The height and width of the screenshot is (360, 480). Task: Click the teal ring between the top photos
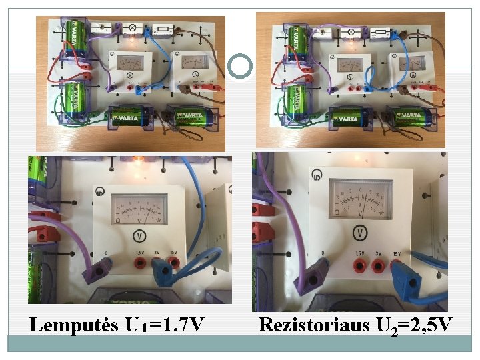pos(240,65)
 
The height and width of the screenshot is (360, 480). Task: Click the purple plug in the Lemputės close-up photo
pos(100,271)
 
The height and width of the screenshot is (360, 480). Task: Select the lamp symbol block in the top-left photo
pos(131,28)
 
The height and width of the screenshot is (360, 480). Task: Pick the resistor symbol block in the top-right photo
pos(379,33)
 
